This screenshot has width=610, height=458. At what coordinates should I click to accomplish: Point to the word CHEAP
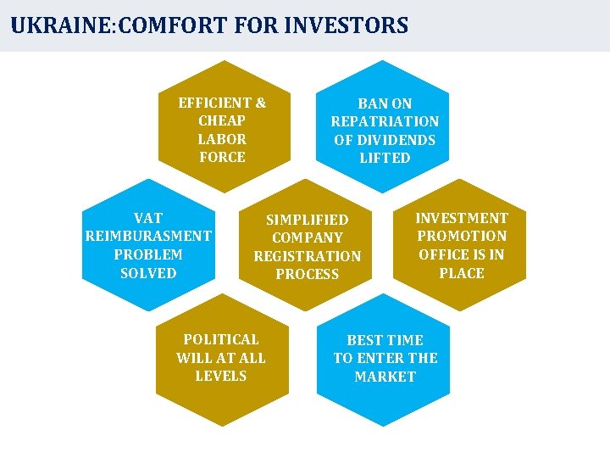(x=222, y=120)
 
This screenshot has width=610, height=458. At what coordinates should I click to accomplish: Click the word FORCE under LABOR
(x=222, y=157)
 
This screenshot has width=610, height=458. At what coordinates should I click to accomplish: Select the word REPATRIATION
(x=385, y=121)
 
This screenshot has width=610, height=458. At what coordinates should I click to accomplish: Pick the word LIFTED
(x=385, y=158)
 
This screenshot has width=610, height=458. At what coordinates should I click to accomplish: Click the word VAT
(x=148, y=218)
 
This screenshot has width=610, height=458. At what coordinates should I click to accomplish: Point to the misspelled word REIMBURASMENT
(x=148, y=236)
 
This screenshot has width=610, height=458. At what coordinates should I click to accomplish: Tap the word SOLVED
(x=148, y=273)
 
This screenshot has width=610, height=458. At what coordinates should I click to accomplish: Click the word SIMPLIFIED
(x=307, y=220)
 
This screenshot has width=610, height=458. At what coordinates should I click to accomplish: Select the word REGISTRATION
(x=307, y=256)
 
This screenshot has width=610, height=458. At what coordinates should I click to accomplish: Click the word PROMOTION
(x=462, y=236)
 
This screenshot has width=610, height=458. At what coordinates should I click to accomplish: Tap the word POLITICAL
(x=220, y=339)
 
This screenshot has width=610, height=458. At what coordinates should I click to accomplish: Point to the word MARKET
(x=385, y=377)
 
